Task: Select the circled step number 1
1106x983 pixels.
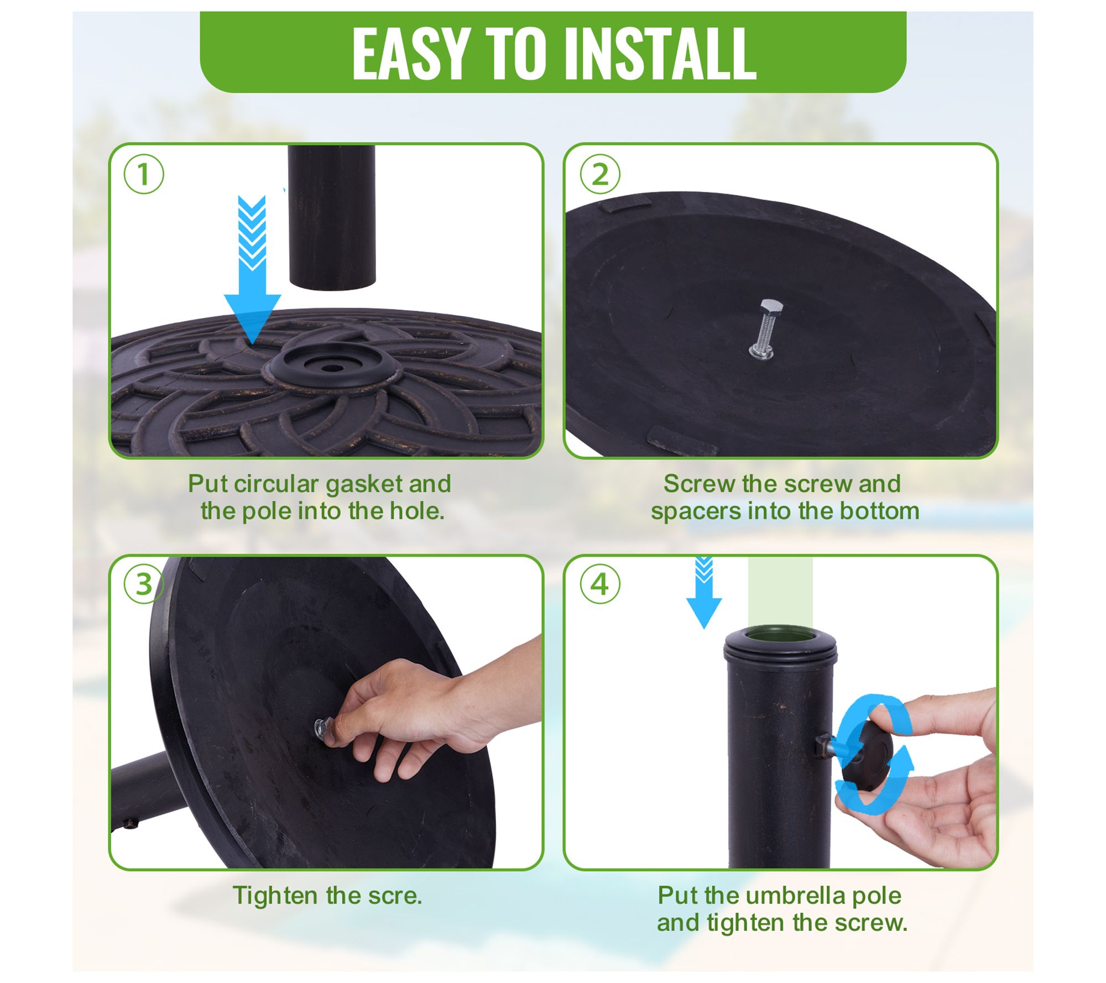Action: click(144, 174)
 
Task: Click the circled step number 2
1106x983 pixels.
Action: click(600, 174)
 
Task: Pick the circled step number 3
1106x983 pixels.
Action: click(144, 584)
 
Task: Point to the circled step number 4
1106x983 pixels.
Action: click(600, 584)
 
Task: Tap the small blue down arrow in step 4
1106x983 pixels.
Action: click(703, 593)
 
